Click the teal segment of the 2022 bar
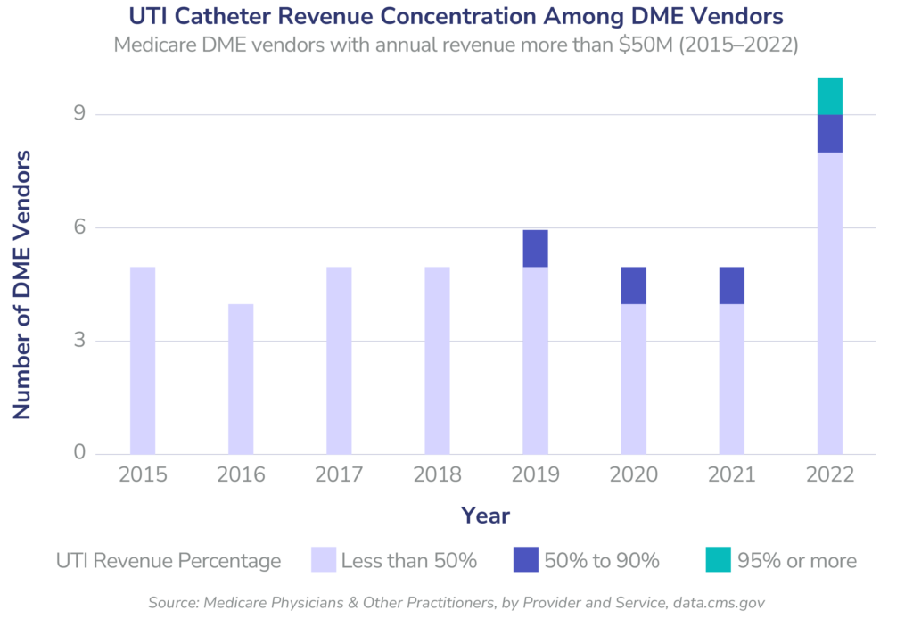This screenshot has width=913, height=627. [829, 96]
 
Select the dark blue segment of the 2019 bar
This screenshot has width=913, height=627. [535, 249]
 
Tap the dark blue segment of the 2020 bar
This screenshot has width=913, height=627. [633, 285]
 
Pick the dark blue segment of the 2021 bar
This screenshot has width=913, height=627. [731, 285]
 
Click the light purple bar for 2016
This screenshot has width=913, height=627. [241, 379]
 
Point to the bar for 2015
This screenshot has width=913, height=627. [143, 360]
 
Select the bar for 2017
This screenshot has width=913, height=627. [339, 360]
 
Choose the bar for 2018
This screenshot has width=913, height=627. [437, 360]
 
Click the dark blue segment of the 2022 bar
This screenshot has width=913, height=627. [829, 134]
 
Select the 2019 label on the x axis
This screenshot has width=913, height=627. [535, 474]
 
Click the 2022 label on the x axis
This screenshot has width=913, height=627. [829, 474]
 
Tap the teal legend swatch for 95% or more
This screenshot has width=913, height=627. [718, 560]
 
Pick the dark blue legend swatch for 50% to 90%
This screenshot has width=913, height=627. [526, 560]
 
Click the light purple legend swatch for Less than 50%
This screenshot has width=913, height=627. [324, 560]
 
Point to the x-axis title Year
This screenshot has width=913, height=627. [485, 516]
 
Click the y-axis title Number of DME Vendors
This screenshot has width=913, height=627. [22, 285]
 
